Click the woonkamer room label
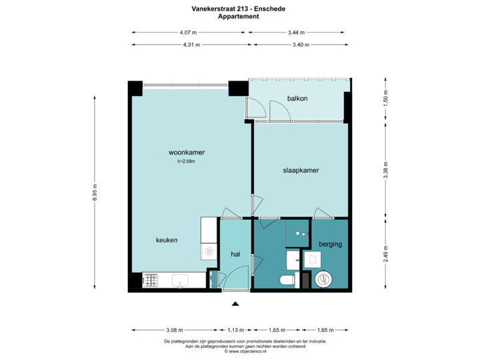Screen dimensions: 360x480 187,152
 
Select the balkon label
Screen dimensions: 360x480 297,99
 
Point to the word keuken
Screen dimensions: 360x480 167,240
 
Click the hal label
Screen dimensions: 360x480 235,254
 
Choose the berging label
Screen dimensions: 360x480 330,244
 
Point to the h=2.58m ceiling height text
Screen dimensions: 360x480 187,161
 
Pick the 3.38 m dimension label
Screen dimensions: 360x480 385,171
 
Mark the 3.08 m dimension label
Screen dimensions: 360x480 175,330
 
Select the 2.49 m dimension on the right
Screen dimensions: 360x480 385,254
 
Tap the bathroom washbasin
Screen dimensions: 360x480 294,259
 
